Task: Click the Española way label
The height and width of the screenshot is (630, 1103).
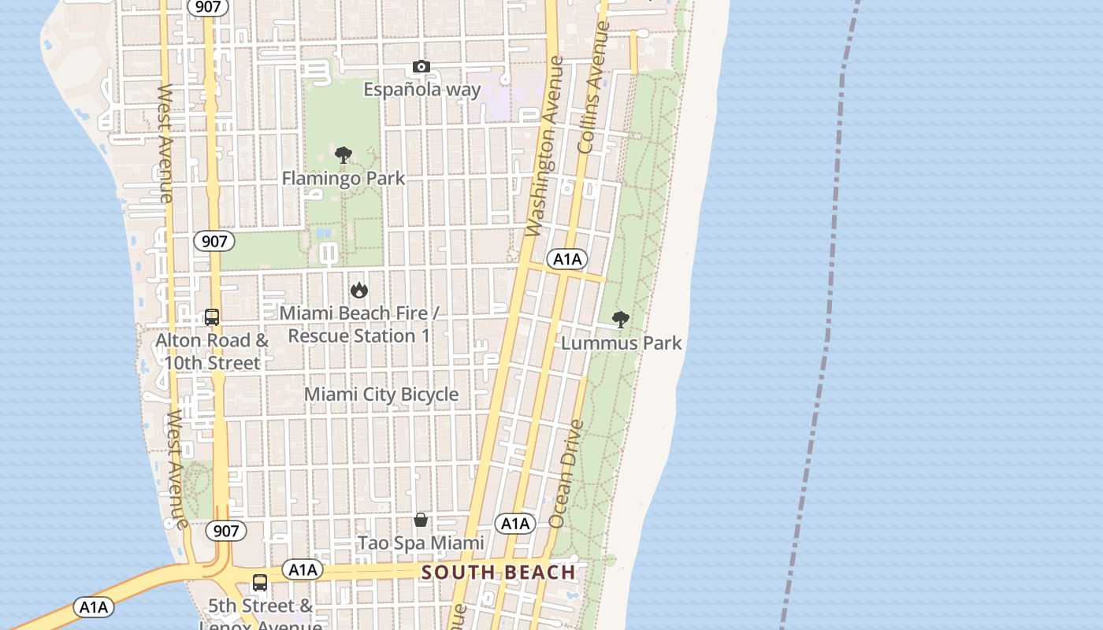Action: point(422,89)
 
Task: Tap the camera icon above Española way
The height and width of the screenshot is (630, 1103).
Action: point(422,67)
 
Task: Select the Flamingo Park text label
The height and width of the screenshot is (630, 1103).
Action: point(344,178)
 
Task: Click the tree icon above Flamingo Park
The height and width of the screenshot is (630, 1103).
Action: point(343,155)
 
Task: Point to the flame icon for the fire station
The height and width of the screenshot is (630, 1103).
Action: point(359,290)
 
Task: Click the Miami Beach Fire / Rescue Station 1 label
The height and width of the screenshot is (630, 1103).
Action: point(359,324)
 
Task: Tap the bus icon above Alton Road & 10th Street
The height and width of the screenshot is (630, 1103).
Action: point(212,317)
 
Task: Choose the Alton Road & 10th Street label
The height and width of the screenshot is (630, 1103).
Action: point(212,352)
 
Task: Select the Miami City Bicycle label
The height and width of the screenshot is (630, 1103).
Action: point(381,394)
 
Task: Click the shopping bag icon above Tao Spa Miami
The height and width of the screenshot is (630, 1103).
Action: point(421,520)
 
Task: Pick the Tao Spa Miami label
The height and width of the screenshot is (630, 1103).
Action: point(421,543)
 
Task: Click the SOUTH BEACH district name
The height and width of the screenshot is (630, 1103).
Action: point(498,573)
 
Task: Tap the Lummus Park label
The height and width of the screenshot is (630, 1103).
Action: point(621,343)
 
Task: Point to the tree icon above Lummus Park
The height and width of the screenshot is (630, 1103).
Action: point(621,320)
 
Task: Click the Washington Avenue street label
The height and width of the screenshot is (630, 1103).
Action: point(545,146)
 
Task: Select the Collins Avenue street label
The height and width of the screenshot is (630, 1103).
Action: point(593,87)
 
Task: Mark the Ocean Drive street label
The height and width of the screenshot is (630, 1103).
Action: point(567,474)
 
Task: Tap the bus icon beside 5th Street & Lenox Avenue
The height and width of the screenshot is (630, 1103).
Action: point(259,584)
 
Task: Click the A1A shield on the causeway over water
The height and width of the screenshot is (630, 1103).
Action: point(94,607)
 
